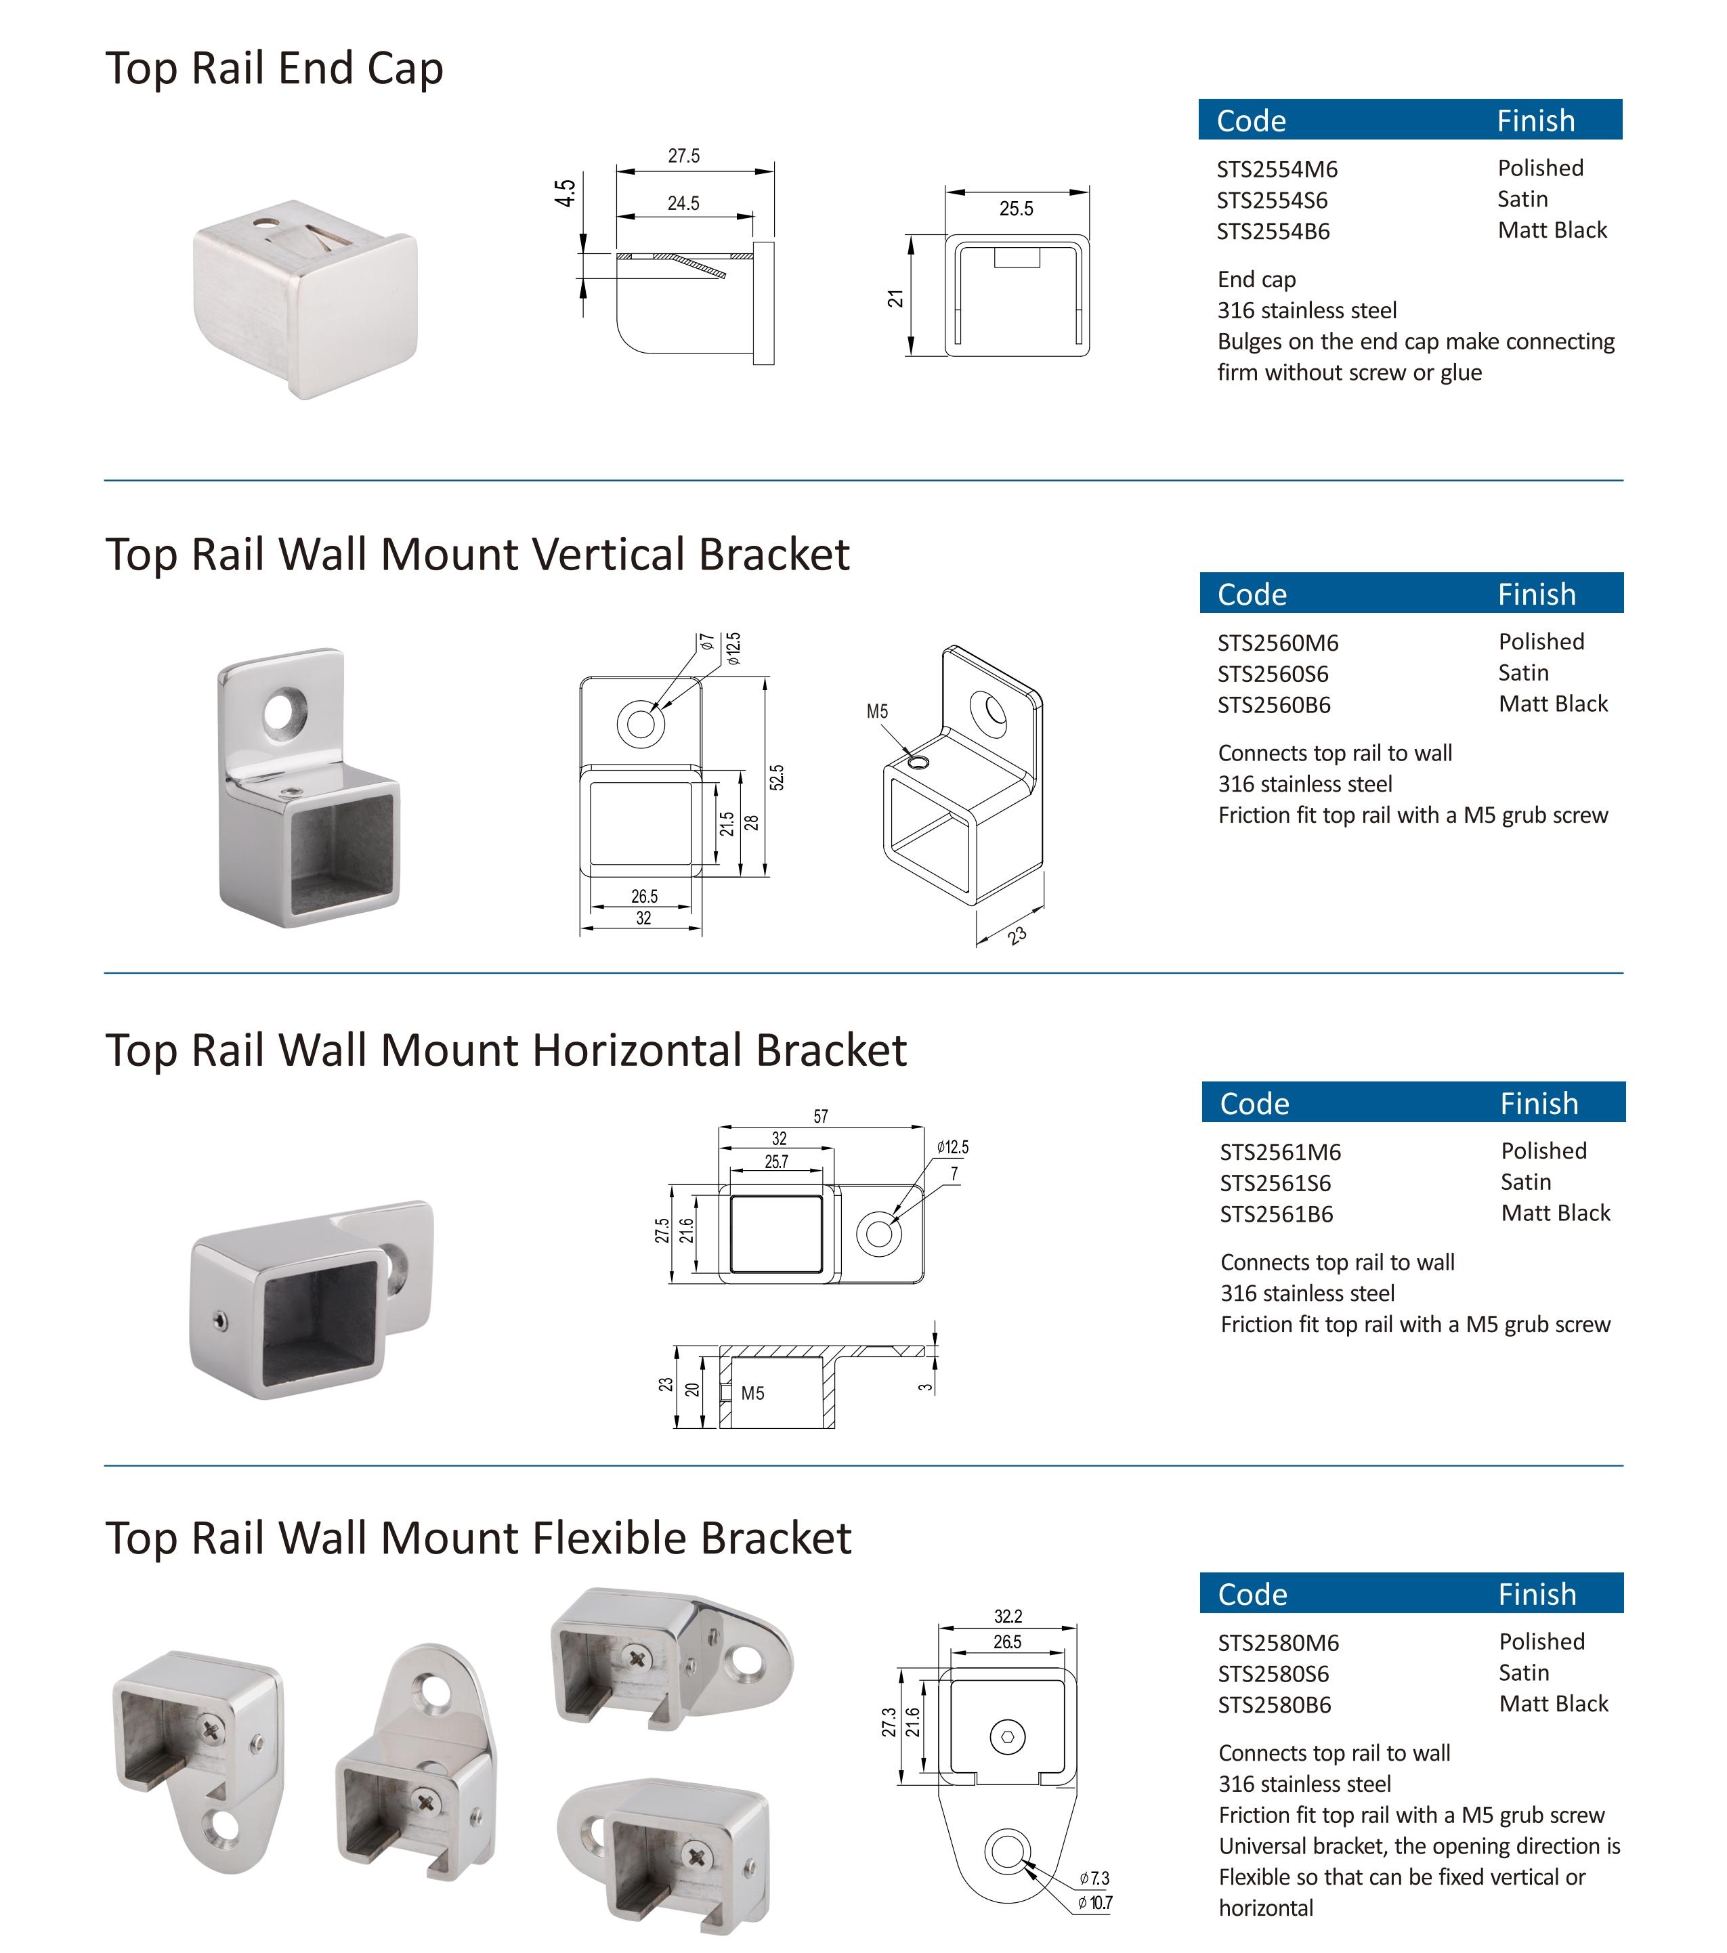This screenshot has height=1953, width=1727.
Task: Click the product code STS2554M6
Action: (1276, 170)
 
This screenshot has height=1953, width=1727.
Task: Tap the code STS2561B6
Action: (1276, 1214)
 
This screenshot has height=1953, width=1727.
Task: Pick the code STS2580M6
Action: (1278, 1644)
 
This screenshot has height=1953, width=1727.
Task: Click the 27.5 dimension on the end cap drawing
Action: (683, 156)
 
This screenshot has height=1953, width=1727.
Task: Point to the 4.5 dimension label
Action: (565, 193)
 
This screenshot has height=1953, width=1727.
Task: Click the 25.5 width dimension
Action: (1016, 209)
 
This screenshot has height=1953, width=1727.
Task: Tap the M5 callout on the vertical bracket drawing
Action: (877, 711)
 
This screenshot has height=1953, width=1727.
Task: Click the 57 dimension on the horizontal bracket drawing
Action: (820, 1116)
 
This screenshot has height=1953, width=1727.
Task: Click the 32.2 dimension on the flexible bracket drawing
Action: (1007, 1616)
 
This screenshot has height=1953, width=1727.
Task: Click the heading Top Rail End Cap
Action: (274, 69)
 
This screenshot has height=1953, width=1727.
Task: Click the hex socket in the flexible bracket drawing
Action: (1007, 1736)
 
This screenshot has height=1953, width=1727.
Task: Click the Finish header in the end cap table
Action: (1535, 121)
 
